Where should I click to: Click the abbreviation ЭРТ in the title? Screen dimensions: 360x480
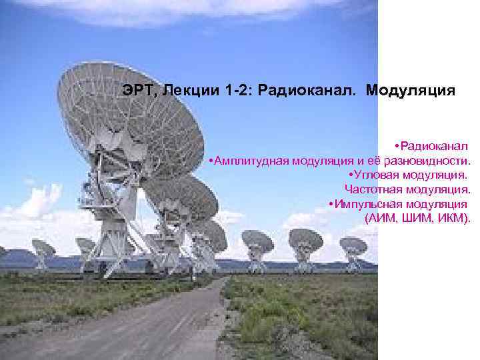click(137, 90)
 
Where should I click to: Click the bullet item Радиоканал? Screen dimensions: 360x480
click(434, 145)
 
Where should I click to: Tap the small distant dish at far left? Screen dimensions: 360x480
click(43, 250)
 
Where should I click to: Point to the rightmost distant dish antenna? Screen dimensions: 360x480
click(353, 247)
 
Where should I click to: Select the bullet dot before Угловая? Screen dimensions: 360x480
click(350, 175)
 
